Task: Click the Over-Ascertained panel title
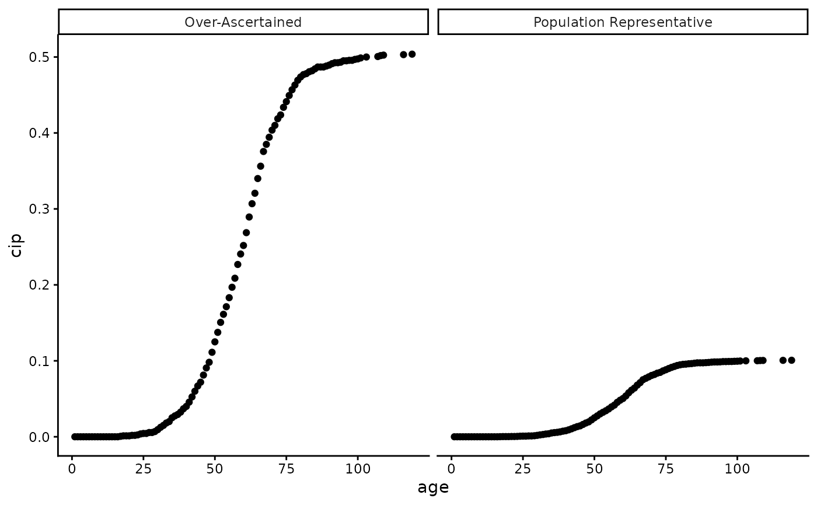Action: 243,22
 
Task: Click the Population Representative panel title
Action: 623,22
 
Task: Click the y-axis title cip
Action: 16,245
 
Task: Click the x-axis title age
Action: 433,487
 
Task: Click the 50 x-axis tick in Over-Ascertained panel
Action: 215,468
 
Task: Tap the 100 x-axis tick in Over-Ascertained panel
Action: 358,468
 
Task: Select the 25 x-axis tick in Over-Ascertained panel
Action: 143,468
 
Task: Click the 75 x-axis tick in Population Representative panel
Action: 666,468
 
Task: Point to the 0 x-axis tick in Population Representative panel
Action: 451,468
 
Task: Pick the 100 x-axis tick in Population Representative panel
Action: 737,468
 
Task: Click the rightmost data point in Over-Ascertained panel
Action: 412,54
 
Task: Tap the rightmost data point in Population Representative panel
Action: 791,360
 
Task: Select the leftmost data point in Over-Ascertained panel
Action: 74,437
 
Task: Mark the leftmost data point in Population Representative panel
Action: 454,437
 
